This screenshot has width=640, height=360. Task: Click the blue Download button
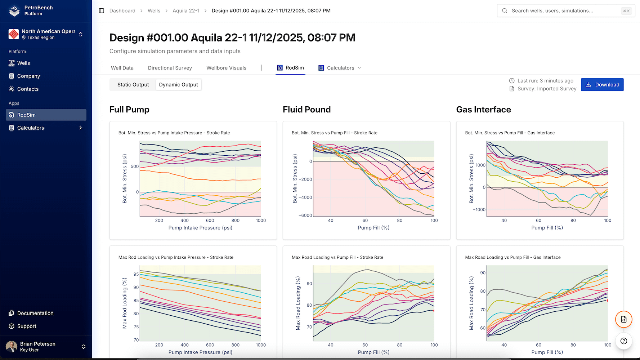(x=602, y=85)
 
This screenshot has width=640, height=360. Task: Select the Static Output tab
(x=133, y=85)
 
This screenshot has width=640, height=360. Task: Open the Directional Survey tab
(x=170, y=68)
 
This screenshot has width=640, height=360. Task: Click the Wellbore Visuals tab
(x=226, y=68)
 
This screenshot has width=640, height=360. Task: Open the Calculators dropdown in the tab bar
(x=340, y=68)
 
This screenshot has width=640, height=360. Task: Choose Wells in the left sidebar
(x=23, y=63)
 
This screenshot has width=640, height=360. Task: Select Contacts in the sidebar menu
(x=28, y=89)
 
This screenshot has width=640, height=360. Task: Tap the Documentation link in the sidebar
(x=35, y=313)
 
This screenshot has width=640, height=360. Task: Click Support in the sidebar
(x=27, y=326)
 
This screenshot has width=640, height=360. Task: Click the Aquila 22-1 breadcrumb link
(x=186, y=11)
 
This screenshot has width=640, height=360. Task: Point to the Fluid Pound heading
(x=306, y=110)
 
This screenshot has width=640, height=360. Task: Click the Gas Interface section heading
(x=483, y=110)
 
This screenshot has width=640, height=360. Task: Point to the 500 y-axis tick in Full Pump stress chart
(x=135, y=166)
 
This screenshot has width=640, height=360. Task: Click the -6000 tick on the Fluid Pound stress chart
(x=305, y=215)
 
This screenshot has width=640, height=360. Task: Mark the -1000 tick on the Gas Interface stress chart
(x=479, y=210)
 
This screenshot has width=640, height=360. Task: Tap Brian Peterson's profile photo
(x=12, y=347)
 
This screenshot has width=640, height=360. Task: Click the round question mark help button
(x=624, y=341)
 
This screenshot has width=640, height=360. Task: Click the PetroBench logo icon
(x=14, y=11)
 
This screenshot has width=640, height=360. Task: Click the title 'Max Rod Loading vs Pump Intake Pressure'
(x=176, y=257)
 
